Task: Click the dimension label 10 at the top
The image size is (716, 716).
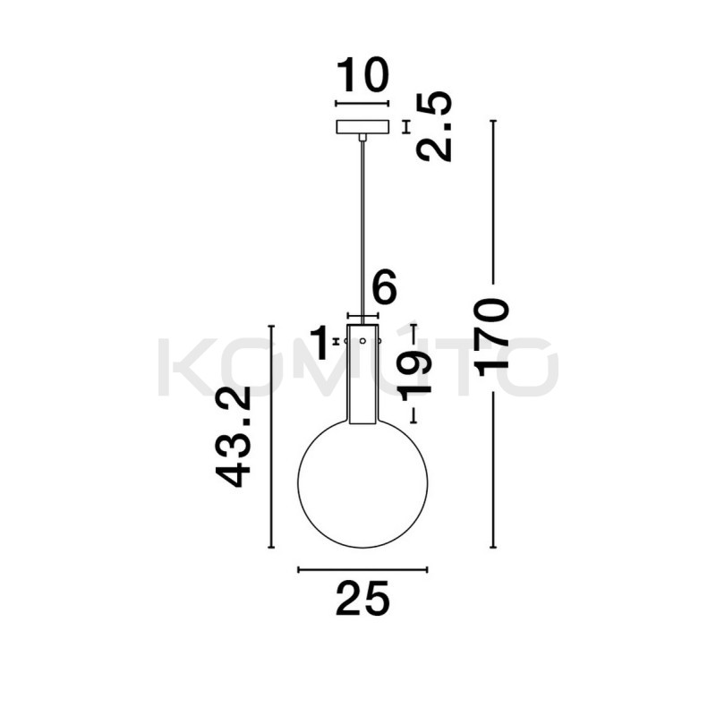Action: (x=363, y=74)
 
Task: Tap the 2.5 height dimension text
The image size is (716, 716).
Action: (x=434, y=126)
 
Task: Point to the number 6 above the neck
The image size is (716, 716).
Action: (x=384, y=286)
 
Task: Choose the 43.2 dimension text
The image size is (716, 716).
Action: (x=234, y=436)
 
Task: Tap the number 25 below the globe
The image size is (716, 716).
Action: (x=362, y=598)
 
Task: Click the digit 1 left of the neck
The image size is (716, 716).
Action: (x=320, y=342)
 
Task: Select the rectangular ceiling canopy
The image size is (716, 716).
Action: (x=363, y=126)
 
